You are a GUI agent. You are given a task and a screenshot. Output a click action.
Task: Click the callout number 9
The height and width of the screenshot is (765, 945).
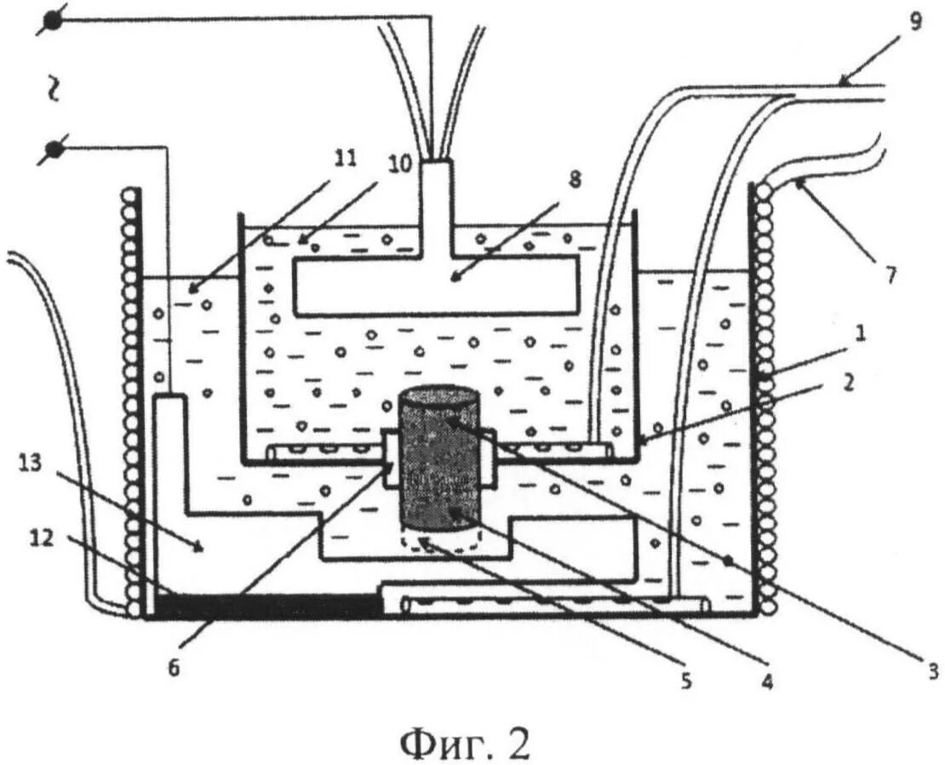(915, 20)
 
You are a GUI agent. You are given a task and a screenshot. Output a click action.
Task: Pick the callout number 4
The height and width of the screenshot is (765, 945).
(766, 682)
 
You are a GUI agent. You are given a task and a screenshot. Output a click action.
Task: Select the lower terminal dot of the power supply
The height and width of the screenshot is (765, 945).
(53, 151)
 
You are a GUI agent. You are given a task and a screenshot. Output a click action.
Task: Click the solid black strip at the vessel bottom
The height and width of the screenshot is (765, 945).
(266, 605)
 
